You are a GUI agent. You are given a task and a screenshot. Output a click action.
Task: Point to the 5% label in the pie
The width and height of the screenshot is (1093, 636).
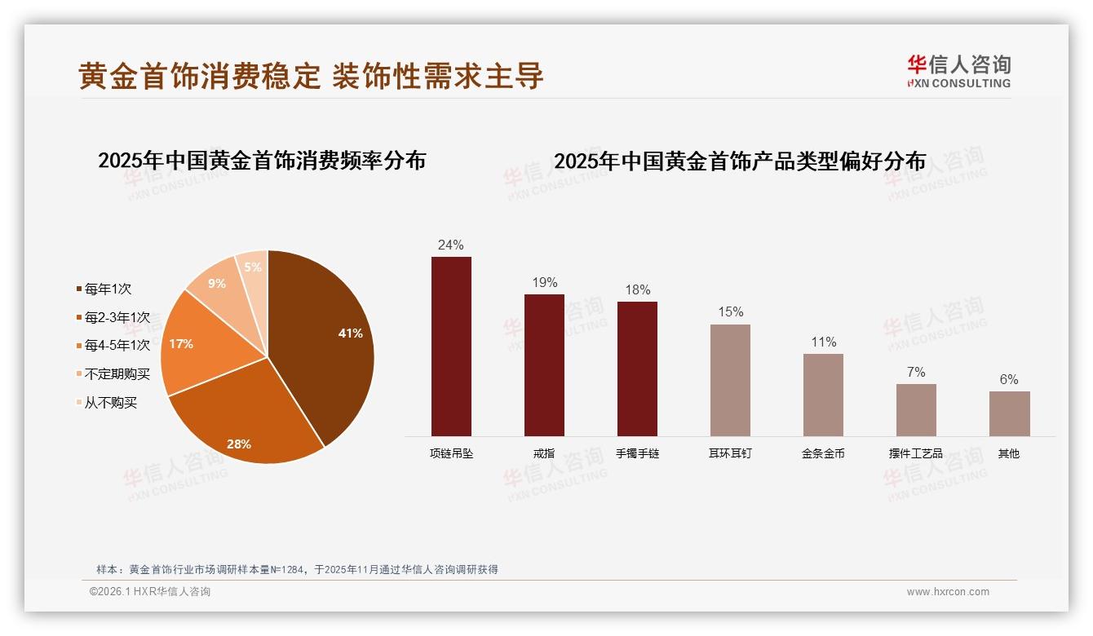[253, 267]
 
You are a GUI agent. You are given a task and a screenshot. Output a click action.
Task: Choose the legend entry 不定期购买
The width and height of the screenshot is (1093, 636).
[117, 374]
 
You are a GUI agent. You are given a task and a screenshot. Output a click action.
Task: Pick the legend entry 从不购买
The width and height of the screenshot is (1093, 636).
[111, 403]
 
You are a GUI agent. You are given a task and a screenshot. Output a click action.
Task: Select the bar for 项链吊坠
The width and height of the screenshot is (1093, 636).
[451, 347]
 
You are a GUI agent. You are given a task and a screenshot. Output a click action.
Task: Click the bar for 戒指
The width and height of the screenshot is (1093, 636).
[544, 364]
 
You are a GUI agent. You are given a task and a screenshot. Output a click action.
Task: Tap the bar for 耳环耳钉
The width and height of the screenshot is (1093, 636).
[730, 380]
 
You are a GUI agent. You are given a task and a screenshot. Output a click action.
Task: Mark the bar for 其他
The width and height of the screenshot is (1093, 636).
[1009, 413]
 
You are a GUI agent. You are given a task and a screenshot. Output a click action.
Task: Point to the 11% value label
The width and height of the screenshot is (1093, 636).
[823, 342]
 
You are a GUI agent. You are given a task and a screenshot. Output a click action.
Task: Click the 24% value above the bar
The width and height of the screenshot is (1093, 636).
[450, 245]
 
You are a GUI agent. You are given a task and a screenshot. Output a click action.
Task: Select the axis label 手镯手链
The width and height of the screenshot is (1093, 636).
[637, 453]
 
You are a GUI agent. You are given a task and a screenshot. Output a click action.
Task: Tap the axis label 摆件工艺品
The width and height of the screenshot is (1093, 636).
[915, 453]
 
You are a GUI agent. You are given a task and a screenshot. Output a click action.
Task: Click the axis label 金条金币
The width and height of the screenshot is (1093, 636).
[823, 453]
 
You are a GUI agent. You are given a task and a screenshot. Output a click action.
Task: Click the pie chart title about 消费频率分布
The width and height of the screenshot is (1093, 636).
[262, 160]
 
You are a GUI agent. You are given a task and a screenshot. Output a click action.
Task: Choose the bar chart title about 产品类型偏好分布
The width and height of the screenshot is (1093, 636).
[740, 161]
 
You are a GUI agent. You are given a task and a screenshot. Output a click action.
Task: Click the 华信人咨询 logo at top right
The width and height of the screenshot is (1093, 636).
[958, 71]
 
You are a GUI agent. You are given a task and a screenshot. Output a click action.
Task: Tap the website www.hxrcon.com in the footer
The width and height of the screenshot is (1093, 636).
[948, 592]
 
